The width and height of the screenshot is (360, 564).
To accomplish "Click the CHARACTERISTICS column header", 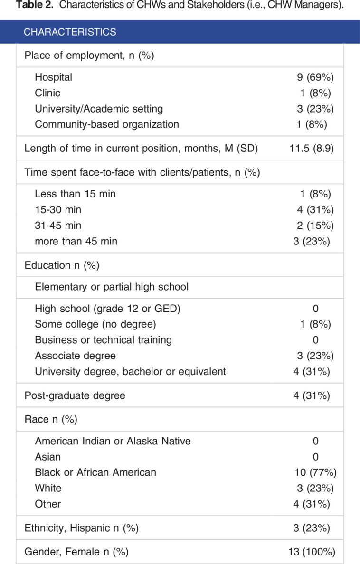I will click(70, 32).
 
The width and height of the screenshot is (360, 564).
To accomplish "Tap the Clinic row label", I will click(47, 93).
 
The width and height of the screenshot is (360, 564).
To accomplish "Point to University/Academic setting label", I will click(99, 109).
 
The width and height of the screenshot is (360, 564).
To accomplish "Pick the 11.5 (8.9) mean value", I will click(312, 148).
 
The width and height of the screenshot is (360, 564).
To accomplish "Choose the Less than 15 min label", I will click(75, 194).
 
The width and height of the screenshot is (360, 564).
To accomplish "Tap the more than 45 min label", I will click(76, 241).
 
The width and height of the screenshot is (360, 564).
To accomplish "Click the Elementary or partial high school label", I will click(112, 286).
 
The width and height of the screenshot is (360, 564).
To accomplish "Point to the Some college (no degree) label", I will click(95, 324).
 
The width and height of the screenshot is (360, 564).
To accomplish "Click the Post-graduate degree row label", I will click(75, 395).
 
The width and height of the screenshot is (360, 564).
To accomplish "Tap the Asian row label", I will click(47, 457).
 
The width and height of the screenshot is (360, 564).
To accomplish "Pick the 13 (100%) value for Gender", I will click(313, 552).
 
